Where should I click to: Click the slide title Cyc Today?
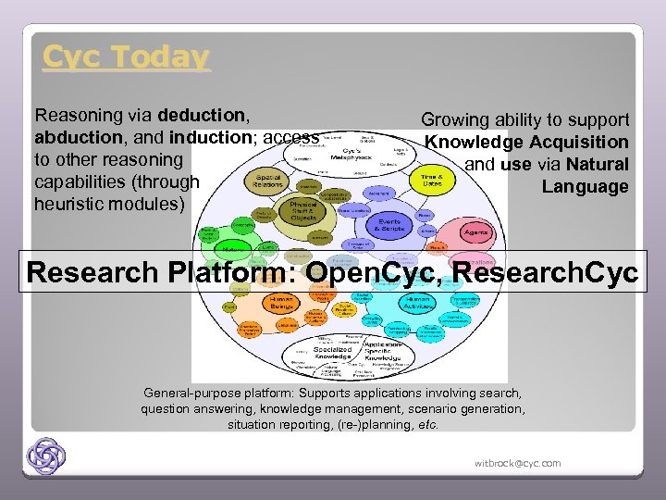tap(126, 57)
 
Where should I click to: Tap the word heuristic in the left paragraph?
tap(72, 204)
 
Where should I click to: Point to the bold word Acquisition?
tap(578, 143)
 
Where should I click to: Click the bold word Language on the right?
tap(585, 187)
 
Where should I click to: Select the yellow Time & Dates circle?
tap(431, 178)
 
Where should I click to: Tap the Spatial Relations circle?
tap(268, 179)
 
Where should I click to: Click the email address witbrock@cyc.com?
tap(517, 463)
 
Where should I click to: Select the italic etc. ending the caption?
tap(427, 426)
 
